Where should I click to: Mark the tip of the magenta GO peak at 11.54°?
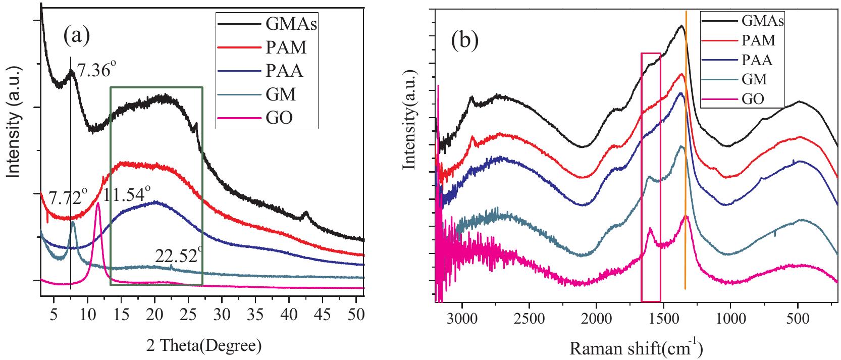click(98, 203)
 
